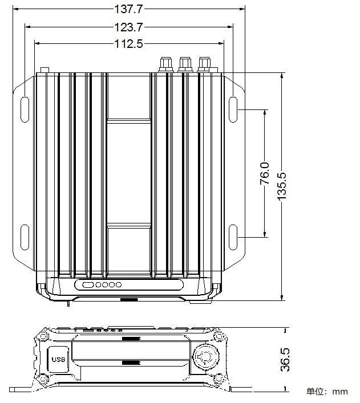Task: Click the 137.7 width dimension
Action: tap(128, 9)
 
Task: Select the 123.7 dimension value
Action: tap(128, 27)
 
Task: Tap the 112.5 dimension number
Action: tap(128, 44)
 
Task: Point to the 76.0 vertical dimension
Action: tap(265, 173)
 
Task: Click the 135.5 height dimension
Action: tap(282, 186)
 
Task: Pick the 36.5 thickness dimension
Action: tap(285, 360)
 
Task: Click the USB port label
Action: tap(58, 360)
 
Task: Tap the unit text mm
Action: tap(339, 392)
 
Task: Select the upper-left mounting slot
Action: tap(25, 109)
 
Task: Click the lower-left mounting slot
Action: tap(25, 237)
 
